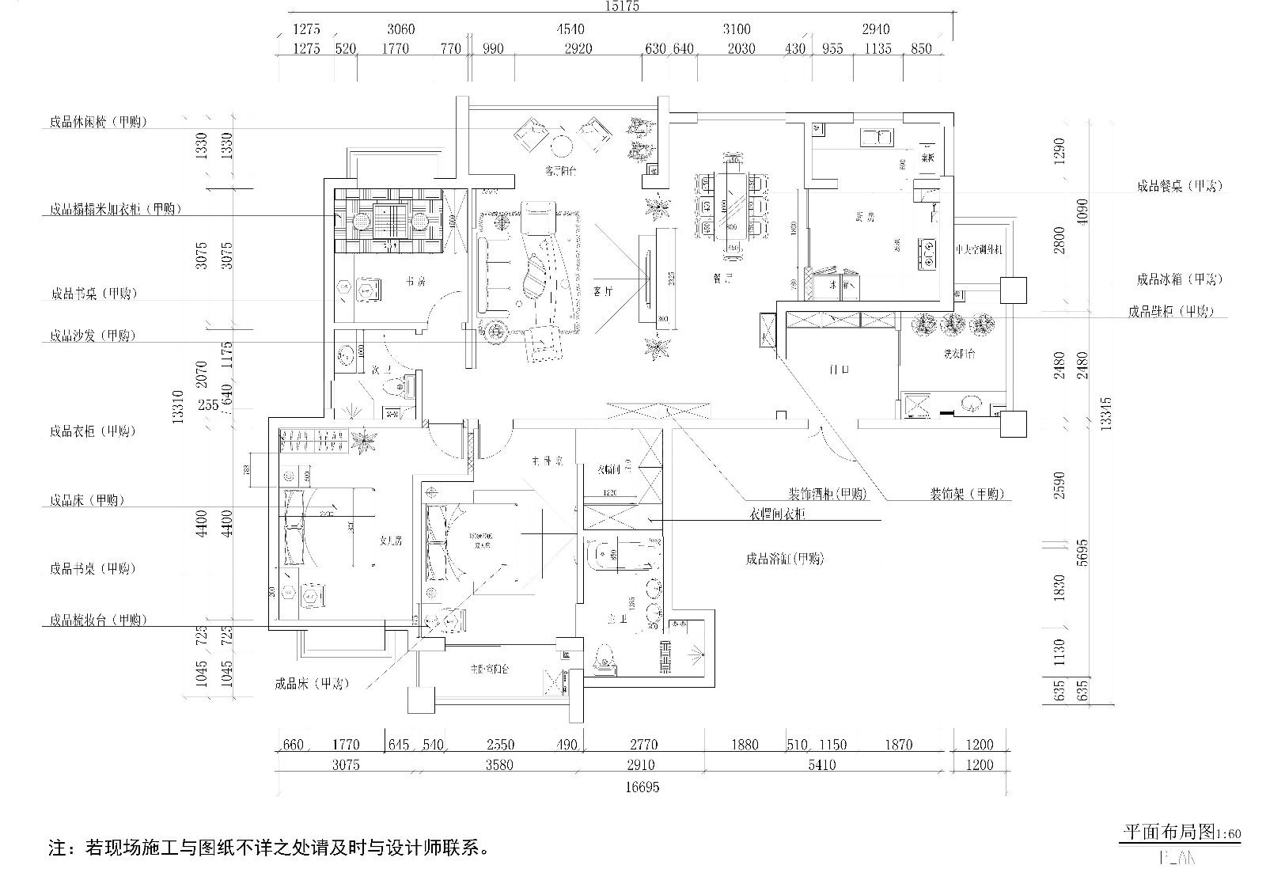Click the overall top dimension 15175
click(622, 6)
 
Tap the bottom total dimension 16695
click(642, 787)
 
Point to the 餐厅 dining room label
click(721, 279)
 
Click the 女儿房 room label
click(391, 541)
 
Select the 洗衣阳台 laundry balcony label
click(958, 354)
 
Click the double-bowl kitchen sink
click(876, 137)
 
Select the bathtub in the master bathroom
click(622, 556)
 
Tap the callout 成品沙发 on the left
click(92, 336)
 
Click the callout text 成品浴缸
click(784, 559)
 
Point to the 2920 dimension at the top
click(578, 49)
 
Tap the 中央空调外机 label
click(980, 249)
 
